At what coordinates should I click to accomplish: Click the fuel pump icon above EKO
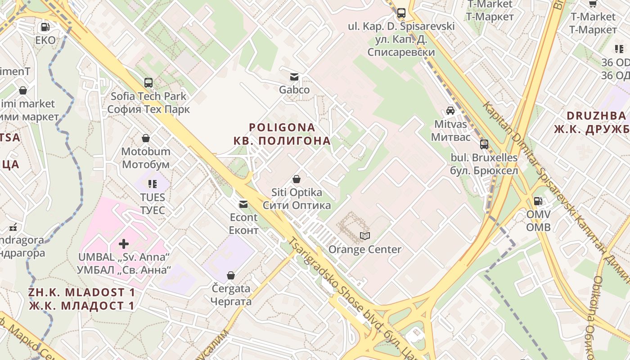click(x=45, y=27)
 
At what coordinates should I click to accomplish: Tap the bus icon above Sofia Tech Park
click(x=148, y=83)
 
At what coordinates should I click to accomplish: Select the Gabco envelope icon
click(x=294, y=77)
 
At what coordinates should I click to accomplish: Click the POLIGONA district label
click(x=282, y=127)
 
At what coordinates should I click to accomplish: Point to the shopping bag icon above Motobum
click(x=146, y=138)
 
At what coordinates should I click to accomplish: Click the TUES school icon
click(x=153, y=184)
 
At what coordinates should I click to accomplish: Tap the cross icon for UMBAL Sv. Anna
click(x=124, y=244)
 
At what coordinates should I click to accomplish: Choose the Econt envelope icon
click(x=243, y=204)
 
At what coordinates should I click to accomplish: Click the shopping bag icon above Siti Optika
click(x=297, y=180)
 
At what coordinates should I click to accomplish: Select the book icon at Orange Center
click(x=364, y=236)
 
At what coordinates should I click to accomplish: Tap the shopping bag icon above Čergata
click(x=231, y=275)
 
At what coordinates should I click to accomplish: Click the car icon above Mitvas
click(x=450, y=111)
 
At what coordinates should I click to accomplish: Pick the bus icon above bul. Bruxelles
click(x=484, y=144)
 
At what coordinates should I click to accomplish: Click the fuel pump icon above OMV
click(x=538, y=201)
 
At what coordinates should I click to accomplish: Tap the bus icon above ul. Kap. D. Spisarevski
click(x=401, y=13)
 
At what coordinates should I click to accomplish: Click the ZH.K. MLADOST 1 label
click(x=81, y=292)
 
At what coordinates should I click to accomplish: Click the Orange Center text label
click(x=365, y=249)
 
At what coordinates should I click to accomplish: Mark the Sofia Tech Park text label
click(x=148, y=96)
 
